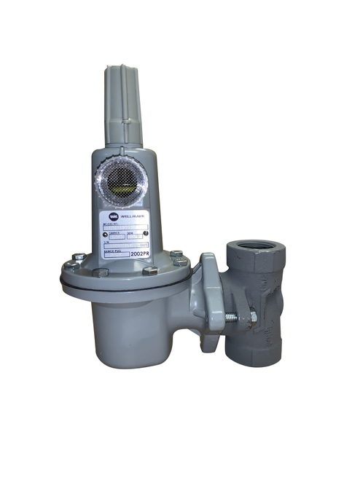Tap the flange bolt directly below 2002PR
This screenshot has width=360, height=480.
coord(149,271)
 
